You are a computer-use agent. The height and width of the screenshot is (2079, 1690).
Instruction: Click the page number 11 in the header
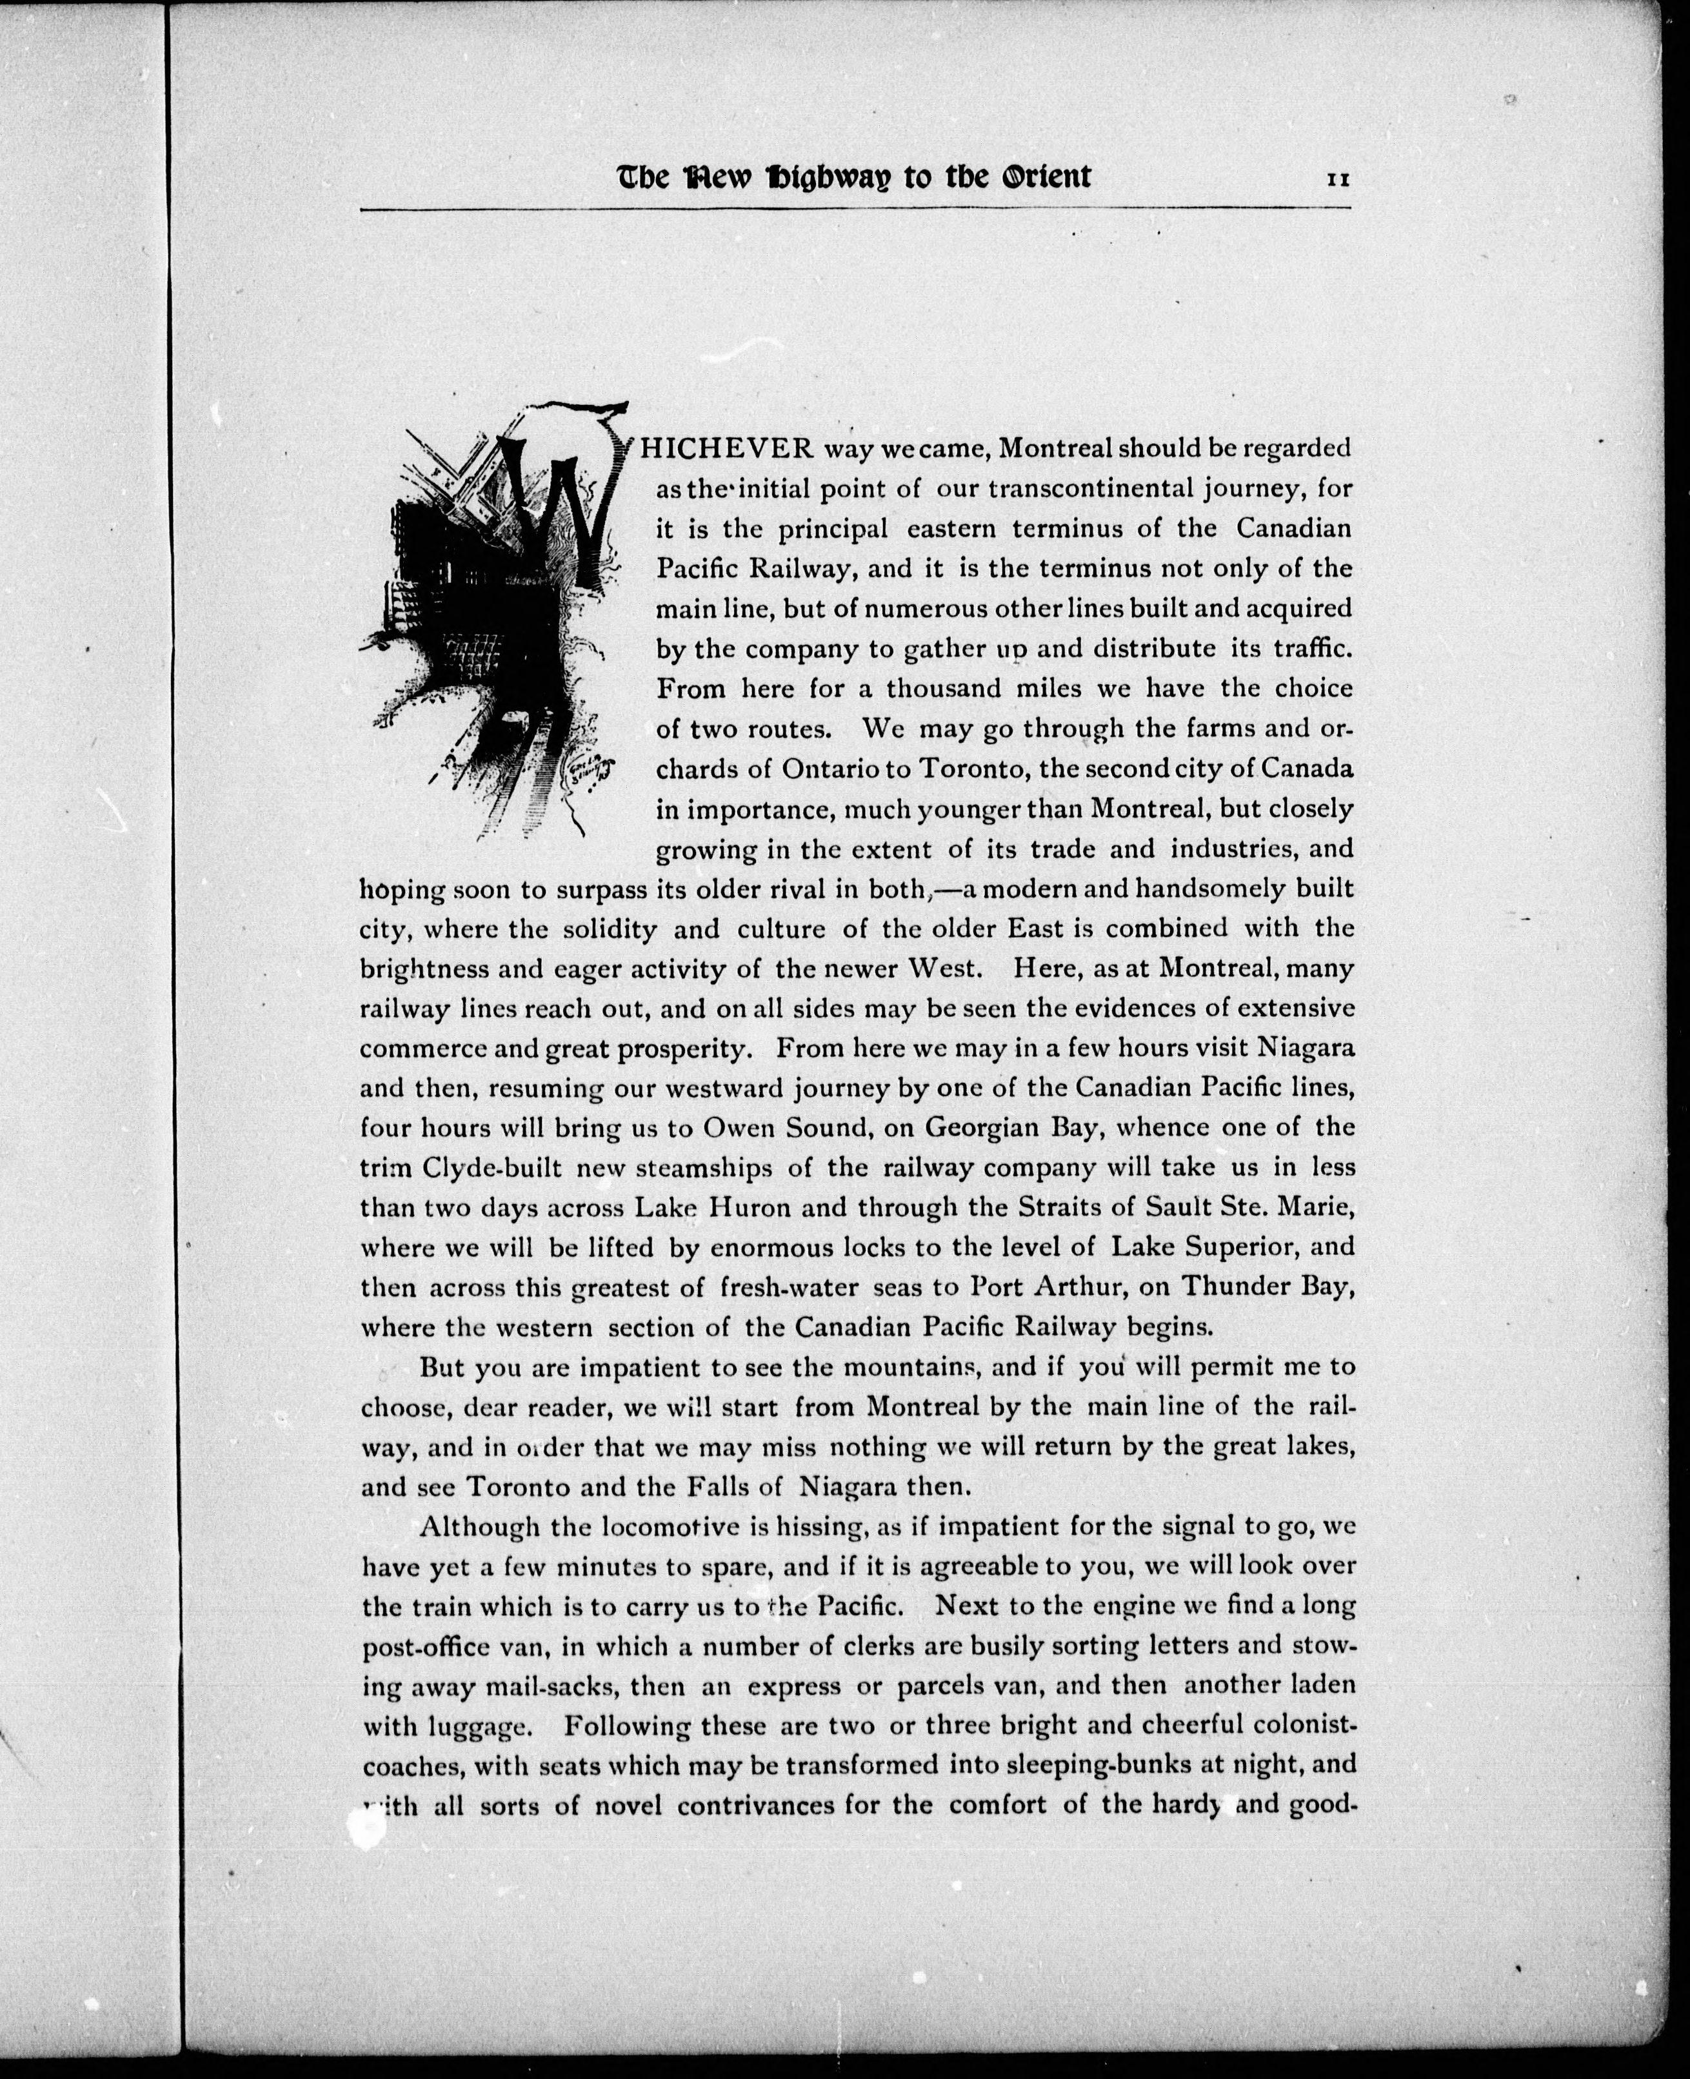[x=1338, y=179]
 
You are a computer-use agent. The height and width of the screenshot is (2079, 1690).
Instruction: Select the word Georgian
[x=981, y=1128]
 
